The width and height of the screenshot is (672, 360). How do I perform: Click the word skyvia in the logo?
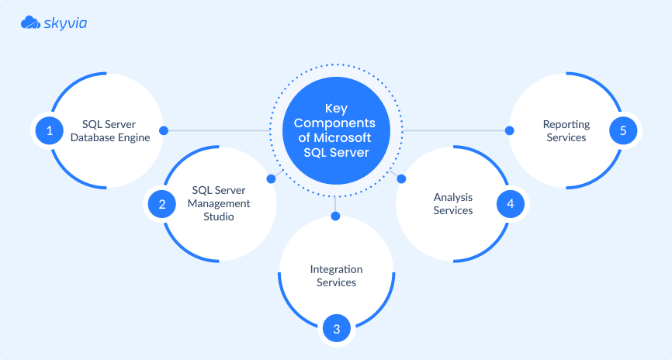(x=65, y=24)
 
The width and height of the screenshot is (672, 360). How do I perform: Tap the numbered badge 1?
(x=50, y=130)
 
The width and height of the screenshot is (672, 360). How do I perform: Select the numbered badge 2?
(x=162, y=205)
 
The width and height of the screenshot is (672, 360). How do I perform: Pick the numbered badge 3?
(x=336, y=329)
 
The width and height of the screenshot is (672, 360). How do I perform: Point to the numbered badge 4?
(x=510, y=204)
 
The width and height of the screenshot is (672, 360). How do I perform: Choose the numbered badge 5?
(x=622, y=130)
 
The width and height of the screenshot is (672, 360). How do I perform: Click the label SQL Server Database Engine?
(x=109, y=130)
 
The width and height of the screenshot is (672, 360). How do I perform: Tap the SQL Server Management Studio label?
(x=220, y=204)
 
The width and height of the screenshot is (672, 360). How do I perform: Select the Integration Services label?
(x=336, y=275)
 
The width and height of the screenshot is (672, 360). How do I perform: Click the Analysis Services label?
(x=452, y=204)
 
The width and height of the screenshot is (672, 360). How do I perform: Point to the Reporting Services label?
(x=566, y=130)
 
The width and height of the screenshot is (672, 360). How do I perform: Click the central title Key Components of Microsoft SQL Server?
(x=336, y=130)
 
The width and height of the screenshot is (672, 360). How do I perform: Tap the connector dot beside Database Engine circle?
(x=164, y=130)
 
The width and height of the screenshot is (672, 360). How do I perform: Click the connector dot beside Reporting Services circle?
(x=510, y=130)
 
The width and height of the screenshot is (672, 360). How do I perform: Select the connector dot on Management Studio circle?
(x=271, y=178)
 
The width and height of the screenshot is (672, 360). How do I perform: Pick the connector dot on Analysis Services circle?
(x=402, y=179)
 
